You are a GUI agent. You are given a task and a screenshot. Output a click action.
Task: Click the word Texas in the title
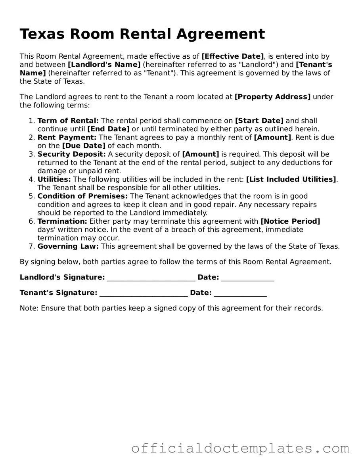[42, 35]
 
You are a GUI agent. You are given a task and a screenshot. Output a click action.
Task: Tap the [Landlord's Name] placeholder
[104, 65]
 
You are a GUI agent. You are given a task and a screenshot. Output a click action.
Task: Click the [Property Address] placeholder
[273, 97]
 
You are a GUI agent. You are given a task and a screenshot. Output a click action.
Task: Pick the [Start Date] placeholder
[259, 121]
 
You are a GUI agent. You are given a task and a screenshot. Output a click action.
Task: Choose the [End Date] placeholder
[108, 129]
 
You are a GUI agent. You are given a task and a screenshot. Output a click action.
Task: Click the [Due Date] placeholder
[84, 146]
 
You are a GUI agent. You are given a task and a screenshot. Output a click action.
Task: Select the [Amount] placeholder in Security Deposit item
[200, 154]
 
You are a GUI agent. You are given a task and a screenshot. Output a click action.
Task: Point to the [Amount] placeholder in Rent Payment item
[272, 137]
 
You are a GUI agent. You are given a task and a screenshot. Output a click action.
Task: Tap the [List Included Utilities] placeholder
[291, 179]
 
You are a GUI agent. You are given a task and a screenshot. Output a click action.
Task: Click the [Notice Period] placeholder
[290, 221]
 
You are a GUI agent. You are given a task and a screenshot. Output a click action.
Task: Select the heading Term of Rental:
[68, 121]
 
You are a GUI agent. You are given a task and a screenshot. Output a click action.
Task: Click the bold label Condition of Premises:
[82, 196]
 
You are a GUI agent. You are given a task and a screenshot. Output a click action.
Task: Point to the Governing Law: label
[68, 246]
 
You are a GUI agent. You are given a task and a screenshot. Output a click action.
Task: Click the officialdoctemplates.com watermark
[240, 448]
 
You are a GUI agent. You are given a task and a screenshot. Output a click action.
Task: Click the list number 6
[32, 221]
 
